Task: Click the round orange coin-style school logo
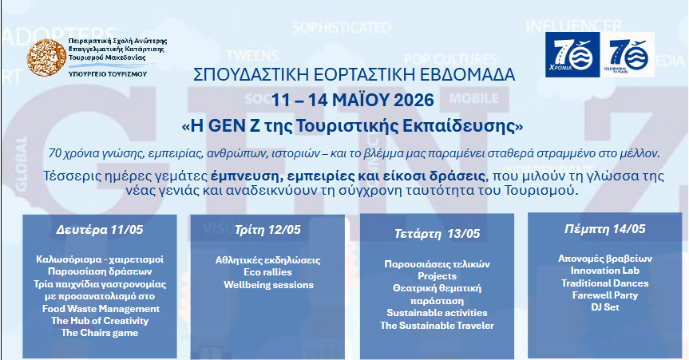click(x=46, y=57)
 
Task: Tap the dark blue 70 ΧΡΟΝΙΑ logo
click(x=572, y=55)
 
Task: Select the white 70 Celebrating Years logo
click(x=628, y=55)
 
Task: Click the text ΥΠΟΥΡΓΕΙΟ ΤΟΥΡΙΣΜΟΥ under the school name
click(x=108, y=74)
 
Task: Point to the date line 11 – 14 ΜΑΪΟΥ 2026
click(x=352, y=101)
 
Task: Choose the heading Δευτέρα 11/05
click(x=100, y=229)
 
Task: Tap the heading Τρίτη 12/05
click(x=267, y=229)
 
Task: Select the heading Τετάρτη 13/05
click(x=437, y=233)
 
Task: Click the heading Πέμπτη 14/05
click(x=605, y=228)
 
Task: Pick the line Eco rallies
click(x=267, y=272)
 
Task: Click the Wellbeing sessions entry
click(x=268, y=284)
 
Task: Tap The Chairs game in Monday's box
click(x=100, y=333)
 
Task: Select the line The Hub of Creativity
click(x=100, y=320)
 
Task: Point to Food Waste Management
click(x=101, y=309)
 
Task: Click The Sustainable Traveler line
click(x=437, y=325)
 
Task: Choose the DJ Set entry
click(x=605, y=307)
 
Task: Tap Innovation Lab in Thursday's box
click(x=605, y=271)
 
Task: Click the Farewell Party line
click(x=605, y=295)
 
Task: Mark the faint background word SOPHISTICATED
click(x=342, y=28)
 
